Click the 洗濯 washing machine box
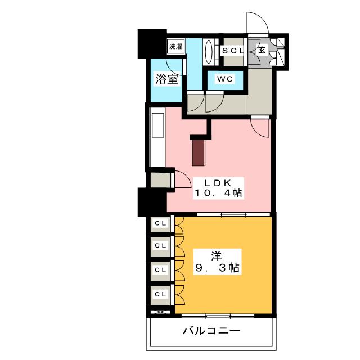click(x=176, y=46)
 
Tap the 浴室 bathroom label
click(x=167, y=79)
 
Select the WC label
click(x=225, y=79)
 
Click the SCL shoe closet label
click(x=232, y=51)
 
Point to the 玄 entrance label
click(x=262, y=49)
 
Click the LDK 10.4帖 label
click(x=218, y=188)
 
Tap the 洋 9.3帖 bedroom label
click(x=217, y=261)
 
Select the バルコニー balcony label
click(x=211, y=331)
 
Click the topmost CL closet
click(x=160, y=223)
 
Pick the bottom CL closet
click(x=160, y=295)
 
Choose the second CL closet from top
click(x=160, y=246)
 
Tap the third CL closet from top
click(x=160, y=270)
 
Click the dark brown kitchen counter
click(x=199, y=152)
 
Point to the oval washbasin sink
click(x=209, y=52)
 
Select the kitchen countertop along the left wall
click(x=157, y=137)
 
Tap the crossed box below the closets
click(x=161, y=312)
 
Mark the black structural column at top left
click(x=152, y=44)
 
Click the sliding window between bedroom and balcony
click(x=218, y=316)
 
